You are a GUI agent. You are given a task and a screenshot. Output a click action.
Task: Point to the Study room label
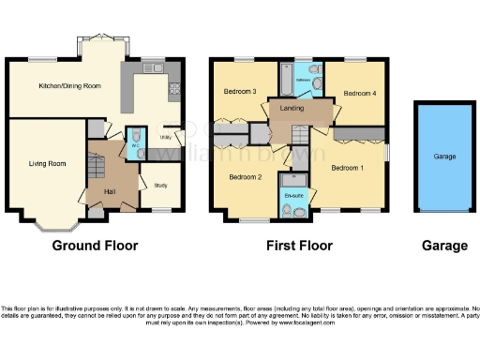tap(160, 185)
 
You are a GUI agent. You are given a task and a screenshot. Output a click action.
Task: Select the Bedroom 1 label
tap(347, 167)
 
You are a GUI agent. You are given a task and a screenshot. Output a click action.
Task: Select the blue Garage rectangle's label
tap(444, 157)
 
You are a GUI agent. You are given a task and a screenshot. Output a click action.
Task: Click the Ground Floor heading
tap(95, 246)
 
